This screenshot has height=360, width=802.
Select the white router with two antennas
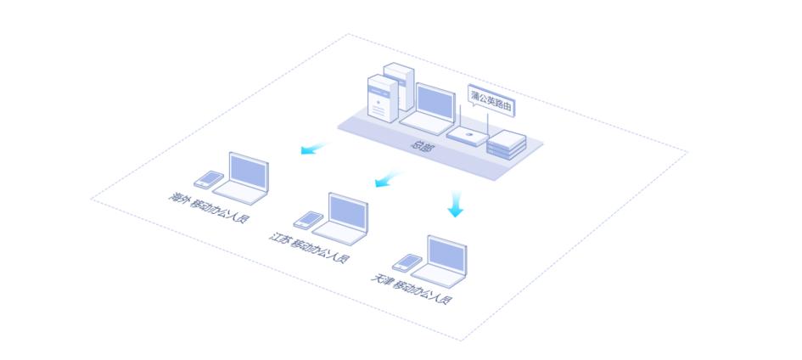click(x=467, y=135)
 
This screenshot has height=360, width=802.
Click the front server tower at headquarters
click(x=382, y=100)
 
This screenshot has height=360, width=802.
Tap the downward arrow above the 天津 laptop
click(x=456, y=204)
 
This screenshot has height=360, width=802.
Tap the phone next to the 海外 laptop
click(x=208, y=179)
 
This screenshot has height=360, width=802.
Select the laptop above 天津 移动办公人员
click(x=444, y=258)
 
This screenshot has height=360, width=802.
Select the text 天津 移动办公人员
click(x=411, y=290)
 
